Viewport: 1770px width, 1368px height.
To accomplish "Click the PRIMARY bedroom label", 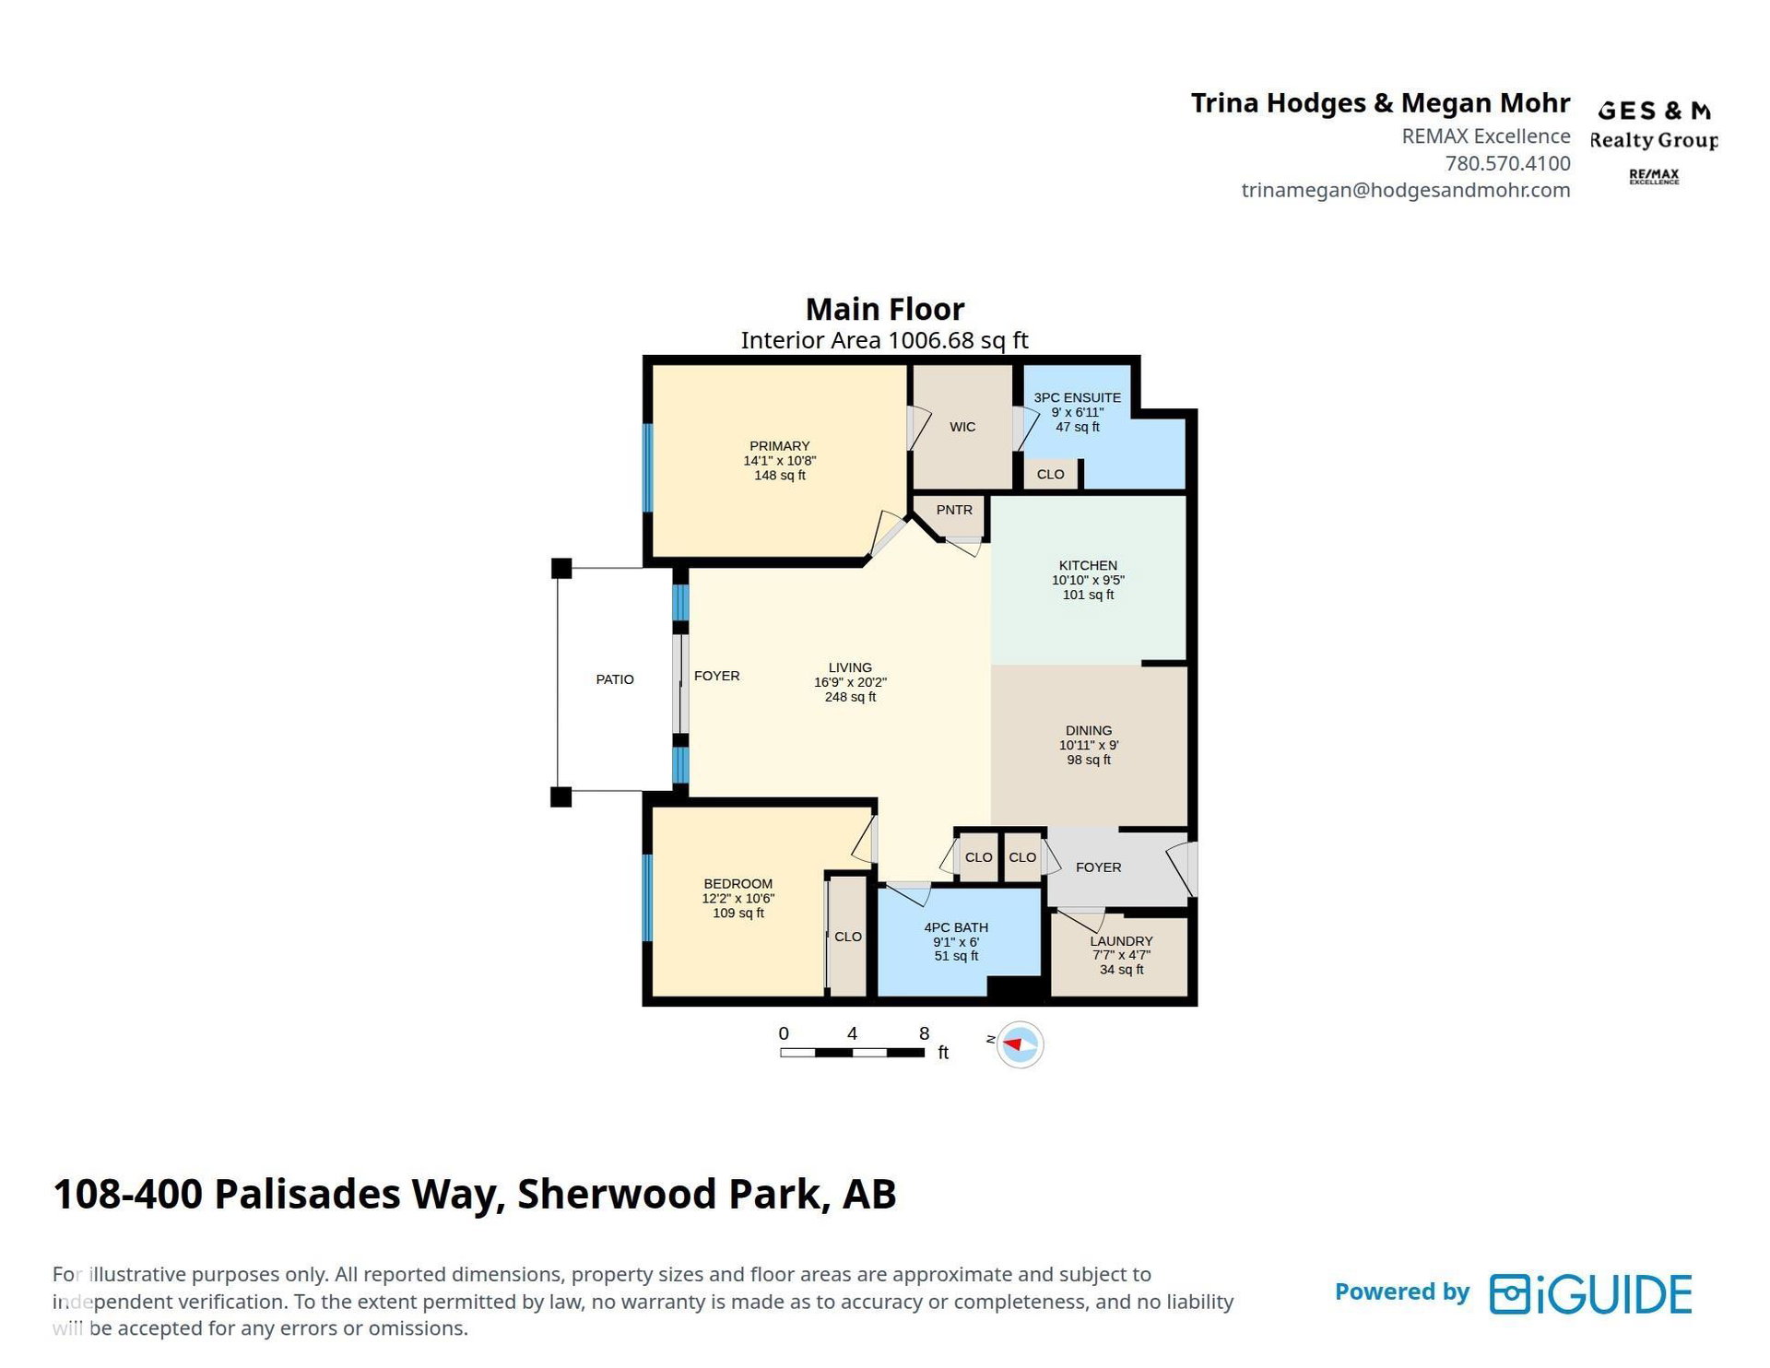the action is point(779,446).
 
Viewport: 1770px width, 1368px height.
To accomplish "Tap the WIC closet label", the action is point(962,427).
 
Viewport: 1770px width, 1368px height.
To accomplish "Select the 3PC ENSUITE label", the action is point(1077,397).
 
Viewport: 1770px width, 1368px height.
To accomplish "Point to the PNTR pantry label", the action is point(954,510).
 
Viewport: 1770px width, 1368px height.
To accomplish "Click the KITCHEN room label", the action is point(1088,565).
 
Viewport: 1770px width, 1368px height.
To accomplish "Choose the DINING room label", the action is point(1089,730).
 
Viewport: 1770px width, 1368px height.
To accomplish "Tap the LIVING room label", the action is point(850,667).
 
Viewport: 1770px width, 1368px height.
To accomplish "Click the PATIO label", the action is point(615,679).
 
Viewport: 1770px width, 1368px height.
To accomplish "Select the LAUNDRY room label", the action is point(1121,941).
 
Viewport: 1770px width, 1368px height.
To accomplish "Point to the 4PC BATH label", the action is point(956,927).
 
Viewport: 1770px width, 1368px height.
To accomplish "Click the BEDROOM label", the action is point(737,883).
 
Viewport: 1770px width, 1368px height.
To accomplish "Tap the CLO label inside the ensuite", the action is point(1050,474).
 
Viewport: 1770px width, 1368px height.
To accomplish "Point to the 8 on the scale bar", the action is point(924,1033).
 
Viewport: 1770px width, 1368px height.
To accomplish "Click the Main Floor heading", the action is point(885,309).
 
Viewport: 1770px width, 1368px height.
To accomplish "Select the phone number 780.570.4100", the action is point(1507,163).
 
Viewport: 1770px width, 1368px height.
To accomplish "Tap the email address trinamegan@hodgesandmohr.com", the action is point(1406,190).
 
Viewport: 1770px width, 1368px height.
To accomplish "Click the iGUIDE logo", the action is point(1591,1293).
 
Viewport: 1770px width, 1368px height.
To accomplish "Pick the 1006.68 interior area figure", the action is point(930,340).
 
